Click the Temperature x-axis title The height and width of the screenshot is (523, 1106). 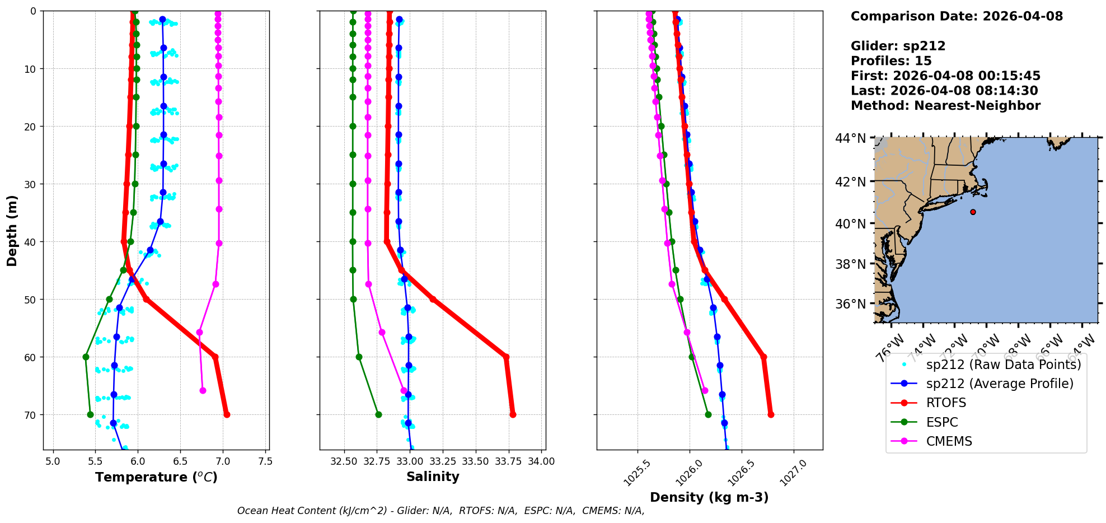click(x=156, y=477)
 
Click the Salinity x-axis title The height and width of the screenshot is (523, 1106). click(x=433, y=477)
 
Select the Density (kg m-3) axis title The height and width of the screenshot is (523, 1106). click(x=709, y=497)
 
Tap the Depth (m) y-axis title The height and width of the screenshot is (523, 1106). click(x=12, y=230)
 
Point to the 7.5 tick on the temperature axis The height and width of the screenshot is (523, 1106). click(x=265, y=461)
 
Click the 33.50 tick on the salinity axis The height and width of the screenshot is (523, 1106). click(x=475, y=461)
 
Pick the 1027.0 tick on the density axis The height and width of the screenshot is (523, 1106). click(x=793, y=473)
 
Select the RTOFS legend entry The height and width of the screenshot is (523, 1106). click(x=946, y=403)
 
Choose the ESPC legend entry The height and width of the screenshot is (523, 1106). click(x=942, y=422)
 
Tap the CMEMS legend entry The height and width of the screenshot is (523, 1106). click(x=949, y=441)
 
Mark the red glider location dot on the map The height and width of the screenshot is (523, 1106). click(x=973, y=212)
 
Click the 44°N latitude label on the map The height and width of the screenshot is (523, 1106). click(x=850, y=138)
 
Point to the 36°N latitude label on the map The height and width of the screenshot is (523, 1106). click(x=850, y=304)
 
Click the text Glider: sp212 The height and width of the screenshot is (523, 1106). click(x=898, y=46)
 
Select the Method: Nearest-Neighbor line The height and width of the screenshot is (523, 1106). click(x=945, y=106)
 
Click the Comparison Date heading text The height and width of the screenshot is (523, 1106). click(x=957, y=16)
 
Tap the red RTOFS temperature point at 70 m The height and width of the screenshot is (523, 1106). click(x=227, y=414)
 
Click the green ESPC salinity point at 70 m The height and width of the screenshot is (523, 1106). click(x=378, y=414)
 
